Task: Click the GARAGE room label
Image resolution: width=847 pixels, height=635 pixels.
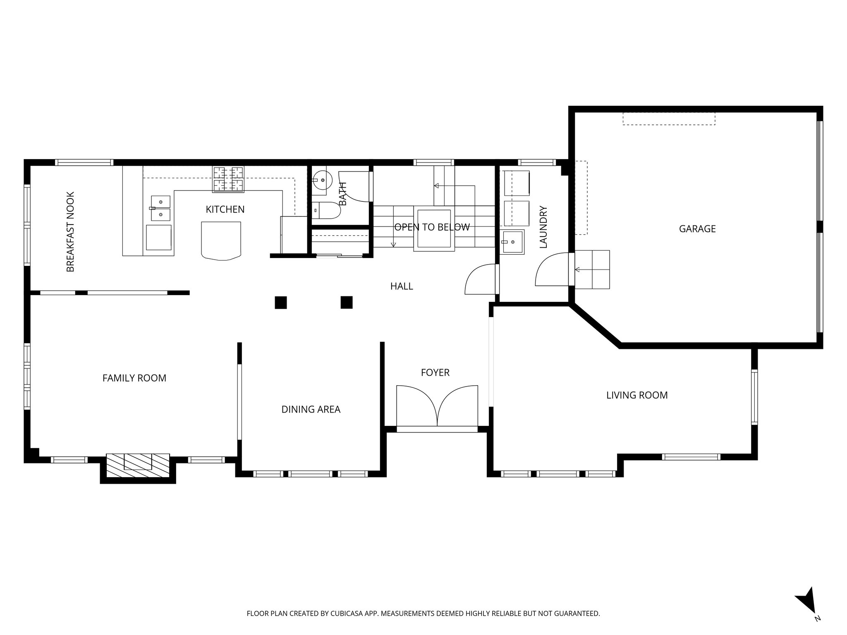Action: (x=697, y=229)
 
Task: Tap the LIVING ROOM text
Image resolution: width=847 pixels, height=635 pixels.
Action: (x=637, y=395)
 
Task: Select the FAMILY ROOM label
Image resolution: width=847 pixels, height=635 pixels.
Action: (x=134, y=378)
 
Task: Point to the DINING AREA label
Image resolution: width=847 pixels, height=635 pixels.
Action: (x=311, y=409)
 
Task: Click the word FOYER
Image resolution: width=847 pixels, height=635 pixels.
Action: (x=435, y=372)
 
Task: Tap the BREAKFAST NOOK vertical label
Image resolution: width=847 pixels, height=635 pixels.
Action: (x=71, y=232)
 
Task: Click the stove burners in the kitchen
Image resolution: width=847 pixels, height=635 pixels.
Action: (x=228, y=179)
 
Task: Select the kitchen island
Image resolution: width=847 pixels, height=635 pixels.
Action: (x=221, y=240)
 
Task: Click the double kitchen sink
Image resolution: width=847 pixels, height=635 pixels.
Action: (x=160, y=208)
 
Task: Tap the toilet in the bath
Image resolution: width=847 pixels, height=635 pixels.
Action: (x=327, y=210)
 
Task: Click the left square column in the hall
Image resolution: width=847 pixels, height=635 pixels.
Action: (x=281, y=303)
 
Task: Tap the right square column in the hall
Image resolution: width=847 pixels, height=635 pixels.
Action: (x=347, y=302)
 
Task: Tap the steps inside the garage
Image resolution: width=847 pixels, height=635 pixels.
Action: (x=592, y=270)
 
